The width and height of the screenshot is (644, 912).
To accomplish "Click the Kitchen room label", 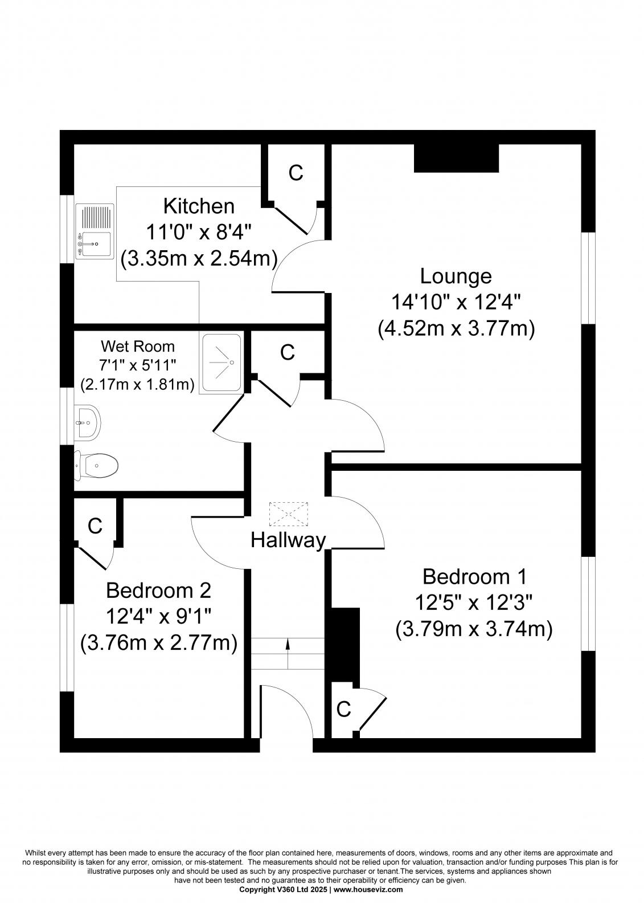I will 198,206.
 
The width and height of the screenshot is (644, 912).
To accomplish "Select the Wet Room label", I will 137,347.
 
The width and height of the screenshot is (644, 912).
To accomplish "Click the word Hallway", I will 288,540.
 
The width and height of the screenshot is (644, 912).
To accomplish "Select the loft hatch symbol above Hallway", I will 289,514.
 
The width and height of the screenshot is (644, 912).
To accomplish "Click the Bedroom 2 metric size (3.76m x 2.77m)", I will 158,644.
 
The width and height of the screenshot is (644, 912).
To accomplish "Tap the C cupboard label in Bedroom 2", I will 95,526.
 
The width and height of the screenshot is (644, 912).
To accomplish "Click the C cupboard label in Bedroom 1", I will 343,710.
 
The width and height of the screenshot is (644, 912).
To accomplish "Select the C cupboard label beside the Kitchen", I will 296,173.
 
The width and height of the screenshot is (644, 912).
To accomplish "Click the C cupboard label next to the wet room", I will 287,353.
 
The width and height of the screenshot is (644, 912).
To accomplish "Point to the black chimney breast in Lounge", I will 456,158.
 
